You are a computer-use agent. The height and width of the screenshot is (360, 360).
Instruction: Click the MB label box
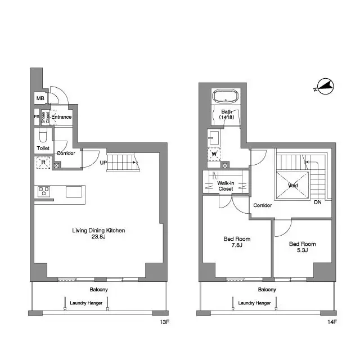[x=40, y=98]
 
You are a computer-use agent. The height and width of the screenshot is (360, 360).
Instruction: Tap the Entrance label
[x=61, y=117]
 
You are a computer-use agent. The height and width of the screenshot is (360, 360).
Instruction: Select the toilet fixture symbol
[x=42, y=137]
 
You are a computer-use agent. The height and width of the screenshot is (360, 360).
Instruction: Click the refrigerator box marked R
[x=43, y=163]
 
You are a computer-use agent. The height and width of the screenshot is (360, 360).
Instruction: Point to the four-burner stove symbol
[x=43, y=191]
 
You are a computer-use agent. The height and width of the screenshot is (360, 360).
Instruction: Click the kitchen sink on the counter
[x=74, y=192]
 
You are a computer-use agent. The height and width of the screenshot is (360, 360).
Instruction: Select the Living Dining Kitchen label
[x=98, y=231]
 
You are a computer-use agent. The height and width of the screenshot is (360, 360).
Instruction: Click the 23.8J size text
[x=98, y=237]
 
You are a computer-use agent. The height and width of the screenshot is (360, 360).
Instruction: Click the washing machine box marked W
[x=214, y=153]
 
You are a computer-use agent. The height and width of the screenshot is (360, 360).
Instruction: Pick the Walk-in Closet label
[x=226, y=185]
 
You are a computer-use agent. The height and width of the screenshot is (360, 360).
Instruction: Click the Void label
[x=292, y=185]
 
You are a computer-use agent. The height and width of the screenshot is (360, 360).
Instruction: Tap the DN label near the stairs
[x=318, y=202]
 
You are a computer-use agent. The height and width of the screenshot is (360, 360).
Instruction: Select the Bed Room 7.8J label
[x=237, y=242]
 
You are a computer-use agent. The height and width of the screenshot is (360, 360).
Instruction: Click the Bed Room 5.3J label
[x=302, y=247]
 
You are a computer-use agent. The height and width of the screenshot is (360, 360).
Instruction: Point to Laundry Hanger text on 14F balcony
[x=254, y=303]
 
